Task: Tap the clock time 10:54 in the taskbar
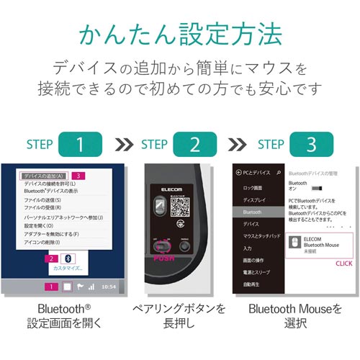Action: (108, 287)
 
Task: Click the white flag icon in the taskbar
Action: (79, 287)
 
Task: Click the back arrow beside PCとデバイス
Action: (238, 174)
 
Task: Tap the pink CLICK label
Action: (344, 264)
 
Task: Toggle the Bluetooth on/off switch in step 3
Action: (293, 189)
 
